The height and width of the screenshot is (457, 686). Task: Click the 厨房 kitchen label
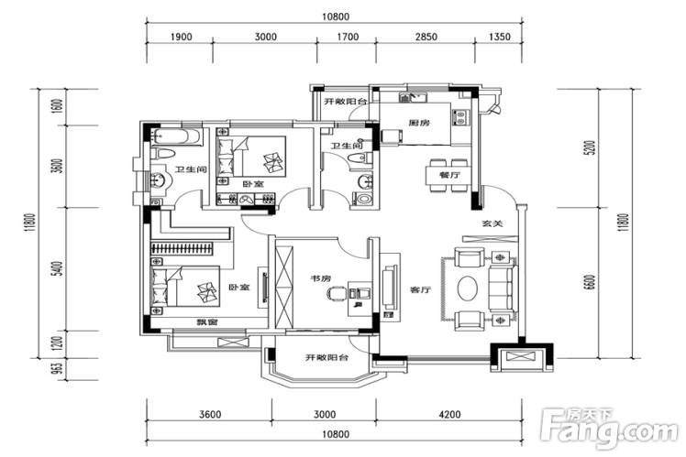click(x=419, y=123)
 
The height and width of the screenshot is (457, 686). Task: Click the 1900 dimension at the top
click(x=181, y=37)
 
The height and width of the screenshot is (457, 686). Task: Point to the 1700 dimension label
click(x=348, y=37)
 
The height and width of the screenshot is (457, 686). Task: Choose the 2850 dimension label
click(x=424, y=37)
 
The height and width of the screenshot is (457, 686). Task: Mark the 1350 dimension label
click(x=499, y=37)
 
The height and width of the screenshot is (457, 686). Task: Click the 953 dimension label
click(x=57, y=369)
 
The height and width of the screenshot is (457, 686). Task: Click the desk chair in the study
click(x=337, y=294)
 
